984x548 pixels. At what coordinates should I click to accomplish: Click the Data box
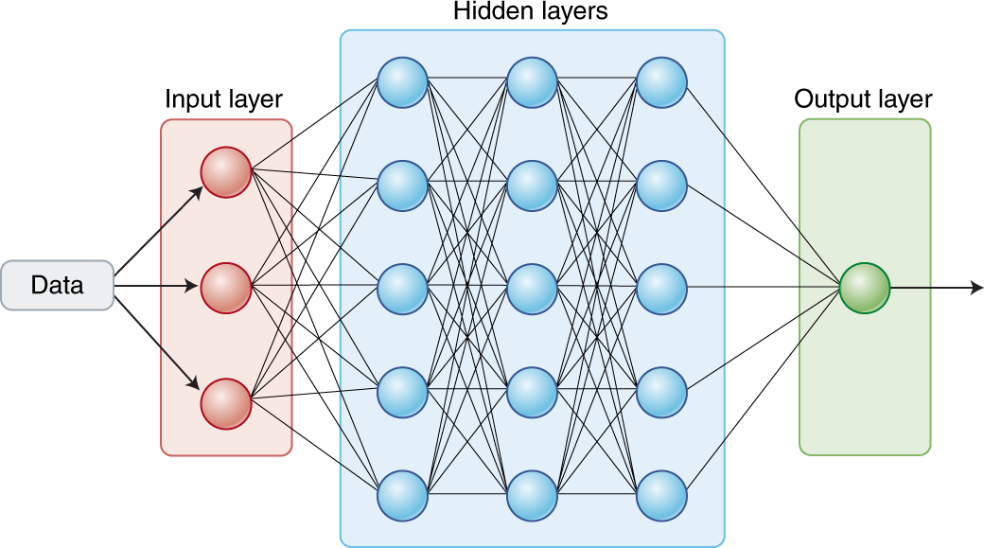[58, 285]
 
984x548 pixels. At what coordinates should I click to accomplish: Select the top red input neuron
[226, 173]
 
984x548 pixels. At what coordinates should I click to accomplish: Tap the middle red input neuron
[226, 285]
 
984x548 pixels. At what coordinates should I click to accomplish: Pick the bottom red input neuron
[226, 403]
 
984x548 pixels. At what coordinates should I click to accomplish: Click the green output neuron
[865, 287]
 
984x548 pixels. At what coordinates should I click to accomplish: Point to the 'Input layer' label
[224, 99]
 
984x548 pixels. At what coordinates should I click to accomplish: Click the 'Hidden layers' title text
[531, 12]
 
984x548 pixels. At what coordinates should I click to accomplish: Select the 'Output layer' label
[863, 99]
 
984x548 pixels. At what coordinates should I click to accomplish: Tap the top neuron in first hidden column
[403, 82]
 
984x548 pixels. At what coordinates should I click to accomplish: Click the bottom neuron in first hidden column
[403, 494]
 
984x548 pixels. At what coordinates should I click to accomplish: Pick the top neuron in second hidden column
[532, 82]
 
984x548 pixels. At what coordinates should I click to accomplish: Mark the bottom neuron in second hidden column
[532, 494]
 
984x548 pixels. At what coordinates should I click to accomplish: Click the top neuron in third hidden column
[661, 82]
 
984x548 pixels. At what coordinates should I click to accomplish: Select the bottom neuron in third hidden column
[661, 494]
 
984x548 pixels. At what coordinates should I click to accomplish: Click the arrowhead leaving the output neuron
[975, 287]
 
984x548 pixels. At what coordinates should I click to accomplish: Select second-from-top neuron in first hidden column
[403, 186]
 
